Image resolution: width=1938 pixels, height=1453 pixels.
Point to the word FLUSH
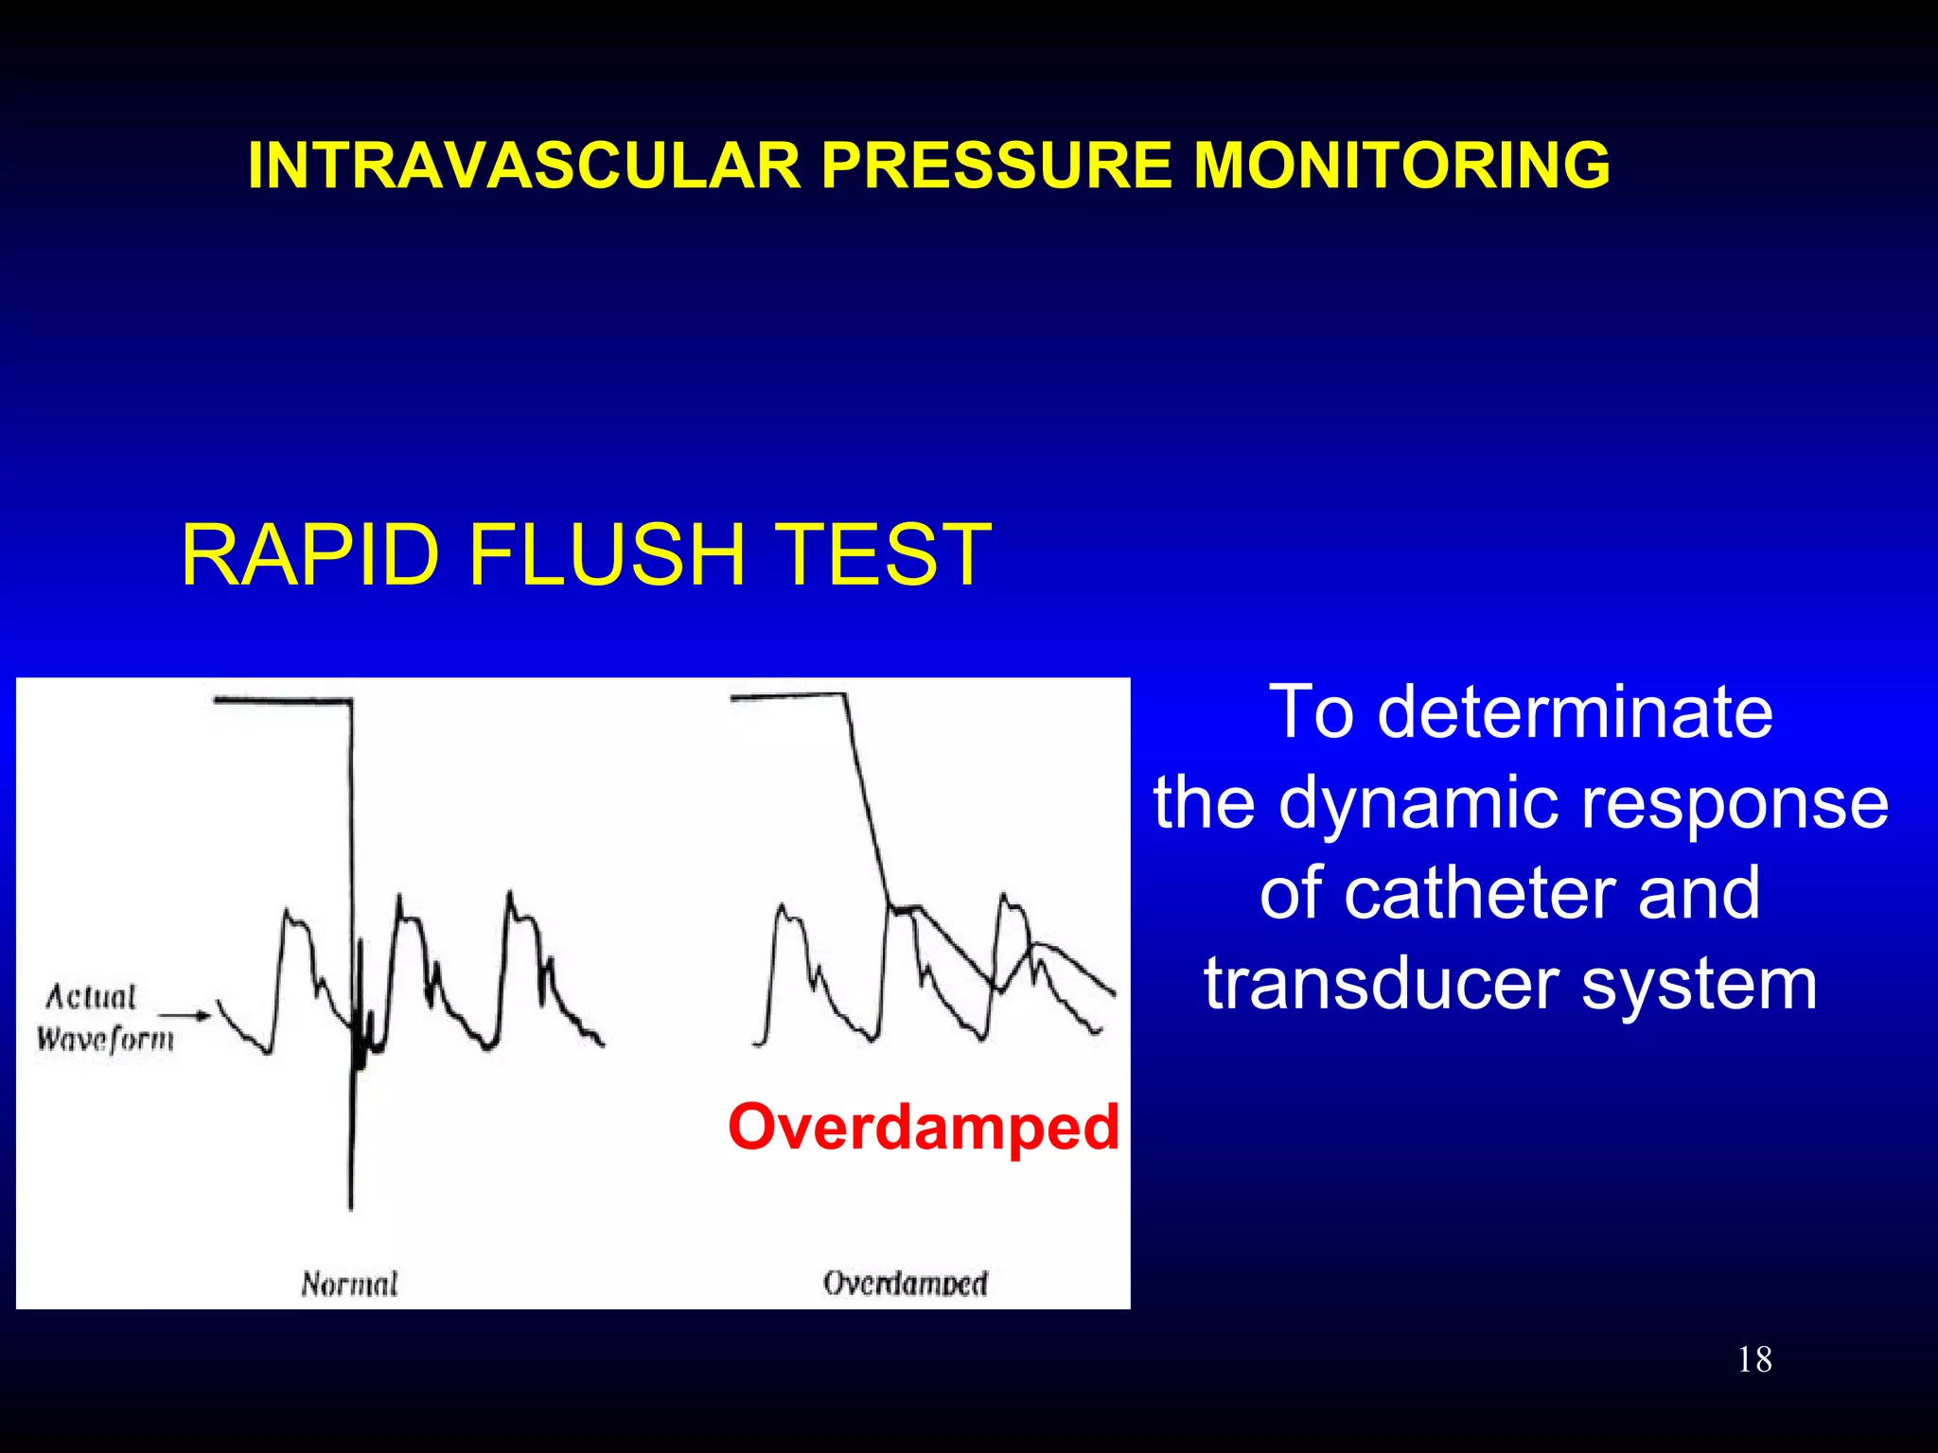tap(608, 555)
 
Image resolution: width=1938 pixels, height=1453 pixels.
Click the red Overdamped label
tap(924, 1127)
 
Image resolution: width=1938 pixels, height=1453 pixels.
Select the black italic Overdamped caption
tap(906, 1284)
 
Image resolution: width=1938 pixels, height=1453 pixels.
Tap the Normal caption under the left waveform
tap(349, 1284)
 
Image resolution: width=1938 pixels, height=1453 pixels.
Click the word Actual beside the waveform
tap(91, 996)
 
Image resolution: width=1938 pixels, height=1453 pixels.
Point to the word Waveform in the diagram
tap(105, 1040)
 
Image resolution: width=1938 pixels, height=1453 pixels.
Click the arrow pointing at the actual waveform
tap(185, 1016)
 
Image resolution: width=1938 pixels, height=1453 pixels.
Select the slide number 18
tap(1754, 1359)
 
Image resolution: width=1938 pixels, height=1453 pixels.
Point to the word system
tap(1700, 984)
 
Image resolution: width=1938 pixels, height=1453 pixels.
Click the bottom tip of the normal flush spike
tap(351, 1207)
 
